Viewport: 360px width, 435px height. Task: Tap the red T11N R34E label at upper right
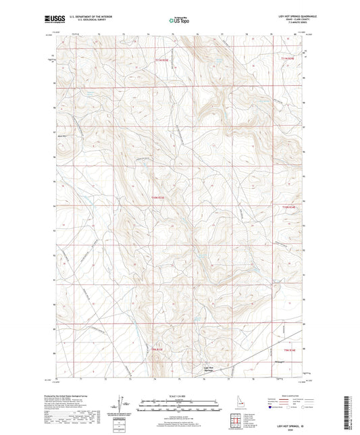click(x=288, y=61)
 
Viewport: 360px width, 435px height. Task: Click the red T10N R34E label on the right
click(x=288, y=207)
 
